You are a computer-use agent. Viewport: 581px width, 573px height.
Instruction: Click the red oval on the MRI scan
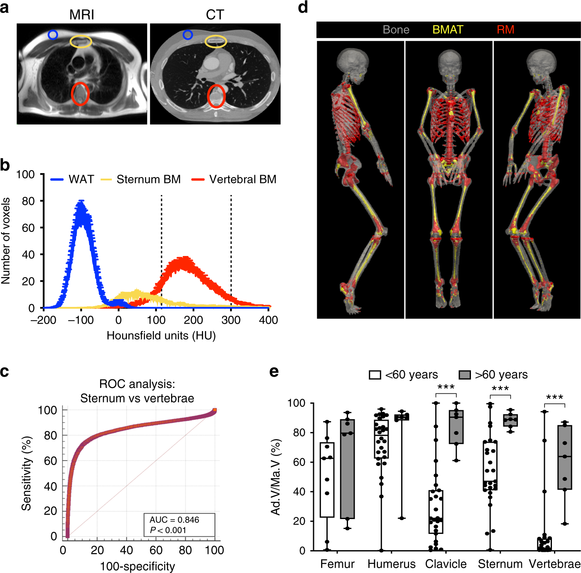pos(80,94)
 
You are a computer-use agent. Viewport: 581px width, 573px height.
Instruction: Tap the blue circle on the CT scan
pos(188,35)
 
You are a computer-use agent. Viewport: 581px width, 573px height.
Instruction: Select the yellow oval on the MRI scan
pos(81,41)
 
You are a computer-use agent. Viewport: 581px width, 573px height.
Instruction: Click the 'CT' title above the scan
pos(215,15)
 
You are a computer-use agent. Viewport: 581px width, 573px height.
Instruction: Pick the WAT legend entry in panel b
pos(72,179)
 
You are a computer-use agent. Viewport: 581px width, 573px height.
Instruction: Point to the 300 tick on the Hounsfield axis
pos(231,320)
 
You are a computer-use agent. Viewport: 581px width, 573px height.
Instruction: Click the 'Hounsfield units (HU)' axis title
pos(161,335)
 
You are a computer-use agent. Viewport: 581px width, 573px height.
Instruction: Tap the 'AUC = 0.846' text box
pos(179,525)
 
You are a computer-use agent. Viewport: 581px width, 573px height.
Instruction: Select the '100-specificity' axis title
pos(137,566)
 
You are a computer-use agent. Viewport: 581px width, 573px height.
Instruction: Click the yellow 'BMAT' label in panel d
pos(448,30)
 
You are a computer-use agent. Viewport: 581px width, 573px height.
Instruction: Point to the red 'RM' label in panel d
pos(505,30)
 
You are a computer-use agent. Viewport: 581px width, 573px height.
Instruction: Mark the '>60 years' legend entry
pos(493,375)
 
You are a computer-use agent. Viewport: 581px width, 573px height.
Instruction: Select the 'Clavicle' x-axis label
pos(446,564)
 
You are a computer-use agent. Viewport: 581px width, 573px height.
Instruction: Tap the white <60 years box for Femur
pos(327,479)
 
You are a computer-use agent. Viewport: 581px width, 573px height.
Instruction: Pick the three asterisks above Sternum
pos(500,388)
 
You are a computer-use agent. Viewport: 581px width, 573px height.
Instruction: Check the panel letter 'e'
pos(274,371)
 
